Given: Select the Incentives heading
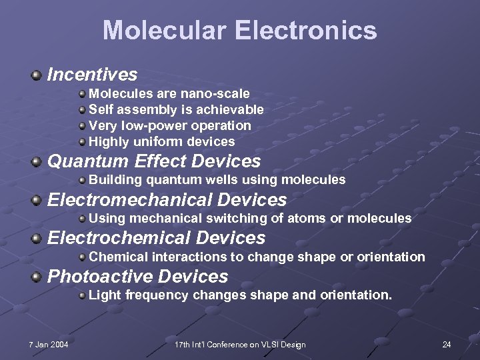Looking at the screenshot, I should click(x=92, y=75).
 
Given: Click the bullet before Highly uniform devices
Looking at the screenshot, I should click(x=82, y=142).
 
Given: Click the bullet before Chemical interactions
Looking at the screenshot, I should click(x=82, y=257).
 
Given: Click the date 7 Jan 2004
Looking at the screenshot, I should click(x=48, y=344).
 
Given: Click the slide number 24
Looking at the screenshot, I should click(x=447, y=344).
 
